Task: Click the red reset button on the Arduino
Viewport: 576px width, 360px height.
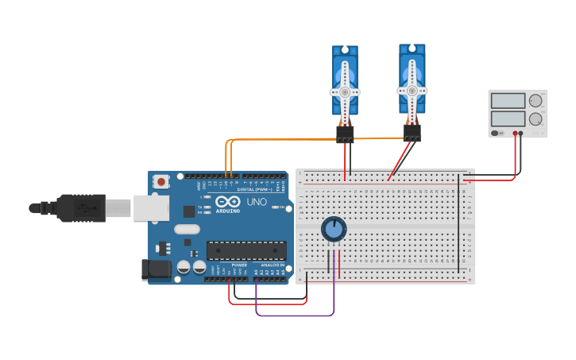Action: [x=161, y=181]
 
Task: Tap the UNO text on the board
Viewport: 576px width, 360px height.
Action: [x=256, y=202]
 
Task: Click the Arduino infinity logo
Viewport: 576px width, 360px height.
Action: [x=227, y=201]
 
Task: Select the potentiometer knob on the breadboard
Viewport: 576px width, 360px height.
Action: [x=334, y=230]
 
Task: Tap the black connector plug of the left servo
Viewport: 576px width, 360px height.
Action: [x=345, y=134]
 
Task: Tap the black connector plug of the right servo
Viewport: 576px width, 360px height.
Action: [x=412, y=132]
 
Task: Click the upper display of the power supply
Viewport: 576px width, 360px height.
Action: [x=508, y=101]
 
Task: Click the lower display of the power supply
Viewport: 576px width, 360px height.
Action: [x=508, y=118]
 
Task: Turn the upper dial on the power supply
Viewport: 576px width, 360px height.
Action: [x=536, y=101]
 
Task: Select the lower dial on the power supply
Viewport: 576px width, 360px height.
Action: [x=536, y=119]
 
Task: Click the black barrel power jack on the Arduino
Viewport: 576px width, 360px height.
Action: [x=156, y=269]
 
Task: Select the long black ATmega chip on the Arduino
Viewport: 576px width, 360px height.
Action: [x=246, y=250]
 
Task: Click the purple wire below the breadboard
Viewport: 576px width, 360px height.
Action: [x=294, y=315]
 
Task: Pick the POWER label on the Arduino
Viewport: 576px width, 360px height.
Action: [x=239, y=265]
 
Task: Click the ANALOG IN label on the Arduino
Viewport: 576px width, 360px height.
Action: [x=273, y=265]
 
